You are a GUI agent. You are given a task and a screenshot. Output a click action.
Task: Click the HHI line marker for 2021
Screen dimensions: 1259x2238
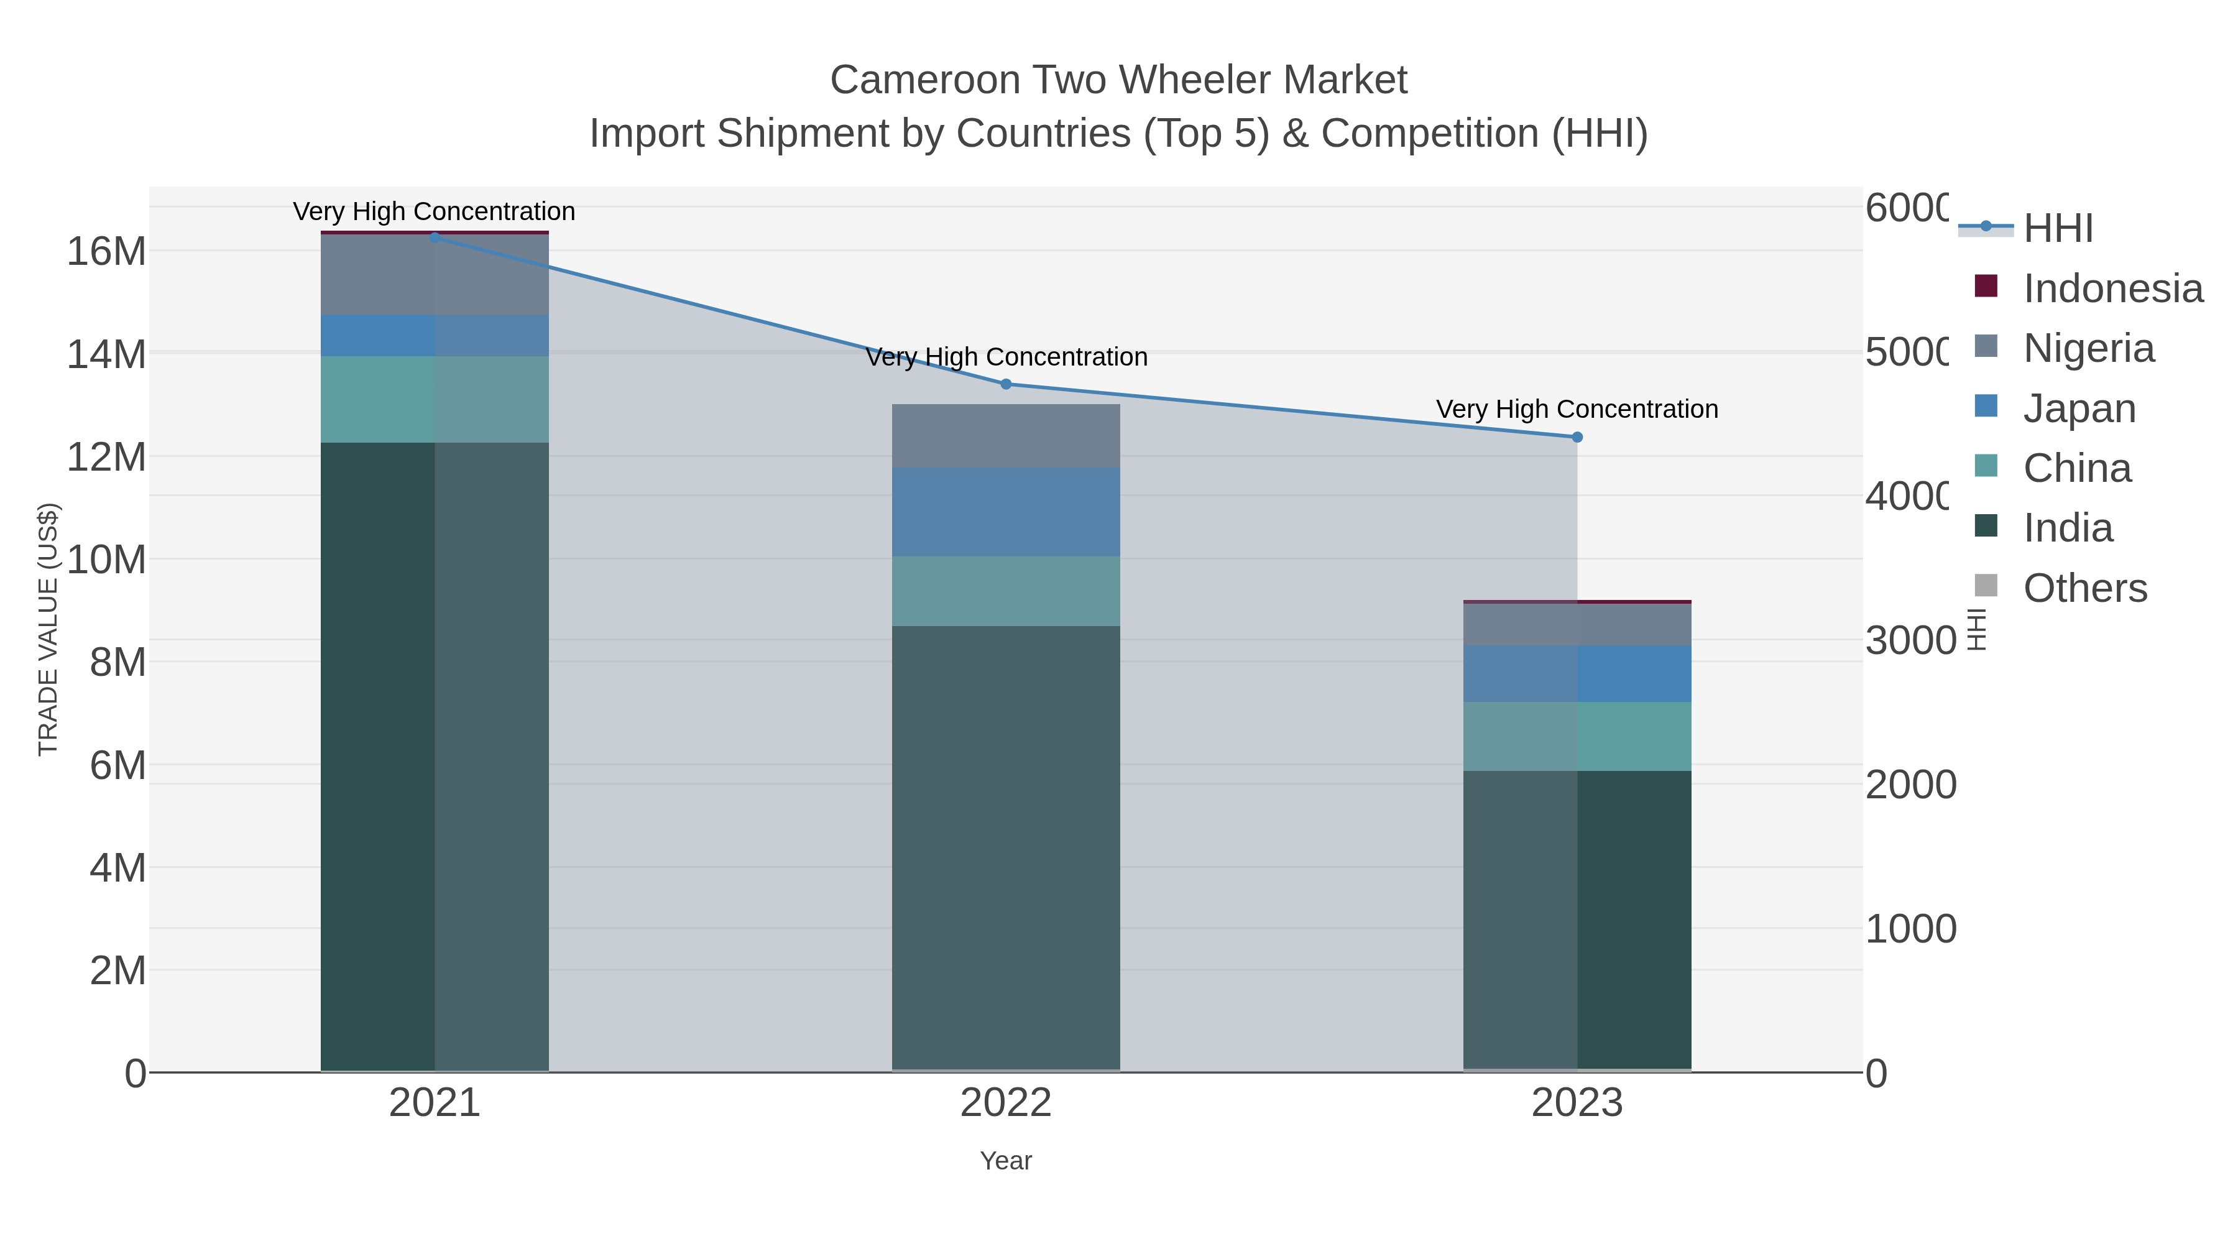click(x=435, y=238)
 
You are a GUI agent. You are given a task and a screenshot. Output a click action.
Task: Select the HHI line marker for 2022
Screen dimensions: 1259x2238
click(x=1006, y=384)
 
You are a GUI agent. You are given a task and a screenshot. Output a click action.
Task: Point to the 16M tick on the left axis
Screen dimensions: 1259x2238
click(x=106, y=252)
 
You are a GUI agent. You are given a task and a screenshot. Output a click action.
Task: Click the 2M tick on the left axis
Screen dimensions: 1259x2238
click(x=117, y=971)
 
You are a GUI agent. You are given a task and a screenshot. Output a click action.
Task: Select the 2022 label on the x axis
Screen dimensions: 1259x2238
click(x=1006, y=1104)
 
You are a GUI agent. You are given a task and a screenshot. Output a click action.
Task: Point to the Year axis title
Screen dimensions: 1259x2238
click(x=1006, y=1161)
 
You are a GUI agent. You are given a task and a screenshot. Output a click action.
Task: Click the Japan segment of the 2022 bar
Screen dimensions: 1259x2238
click(x=1006, y=513)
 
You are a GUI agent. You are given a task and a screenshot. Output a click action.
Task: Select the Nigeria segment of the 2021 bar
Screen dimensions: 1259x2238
click(x=435, y=275)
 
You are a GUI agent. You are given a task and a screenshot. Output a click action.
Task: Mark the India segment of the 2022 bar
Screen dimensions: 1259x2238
click(x=1006, y=847)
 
